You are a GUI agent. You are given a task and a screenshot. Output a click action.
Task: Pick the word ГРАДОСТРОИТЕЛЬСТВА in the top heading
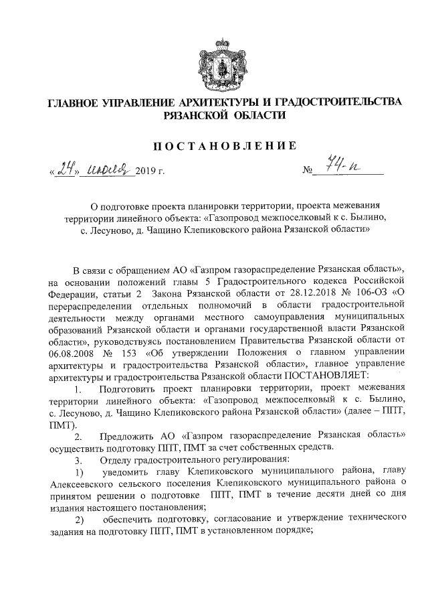(x=330, y=102)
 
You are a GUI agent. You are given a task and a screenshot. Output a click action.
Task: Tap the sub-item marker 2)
(x=79, y=520)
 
